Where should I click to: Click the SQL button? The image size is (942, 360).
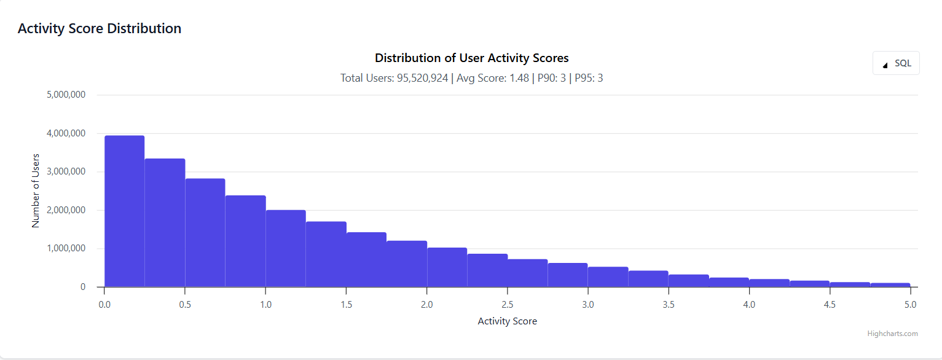896,63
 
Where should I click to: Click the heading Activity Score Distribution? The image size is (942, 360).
100,28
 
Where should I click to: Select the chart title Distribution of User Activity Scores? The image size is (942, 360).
471,58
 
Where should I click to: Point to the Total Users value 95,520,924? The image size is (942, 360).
422,78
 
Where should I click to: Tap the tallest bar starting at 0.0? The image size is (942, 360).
125,211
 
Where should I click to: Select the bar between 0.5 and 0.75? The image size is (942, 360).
205,233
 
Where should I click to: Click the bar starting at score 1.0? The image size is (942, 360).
286,249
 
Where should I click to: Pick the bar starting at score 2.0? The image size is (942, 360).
447,267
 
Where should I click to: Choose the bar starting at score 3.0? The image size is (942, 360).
608,277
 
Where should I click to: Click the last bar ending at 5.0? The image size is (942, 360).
890,284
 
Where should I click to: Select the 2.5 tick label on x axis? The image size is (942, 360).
508,304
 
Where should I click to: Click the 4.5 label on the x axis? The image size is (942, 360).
830,304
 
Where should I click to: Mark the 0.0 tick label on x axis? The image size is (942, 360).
104,304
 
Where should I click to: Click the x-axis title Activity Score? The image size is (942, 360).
507,321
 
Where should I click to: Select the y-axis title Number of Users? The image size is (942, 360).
36,191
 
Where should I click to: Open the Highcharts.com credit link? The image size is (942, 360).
892,334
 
